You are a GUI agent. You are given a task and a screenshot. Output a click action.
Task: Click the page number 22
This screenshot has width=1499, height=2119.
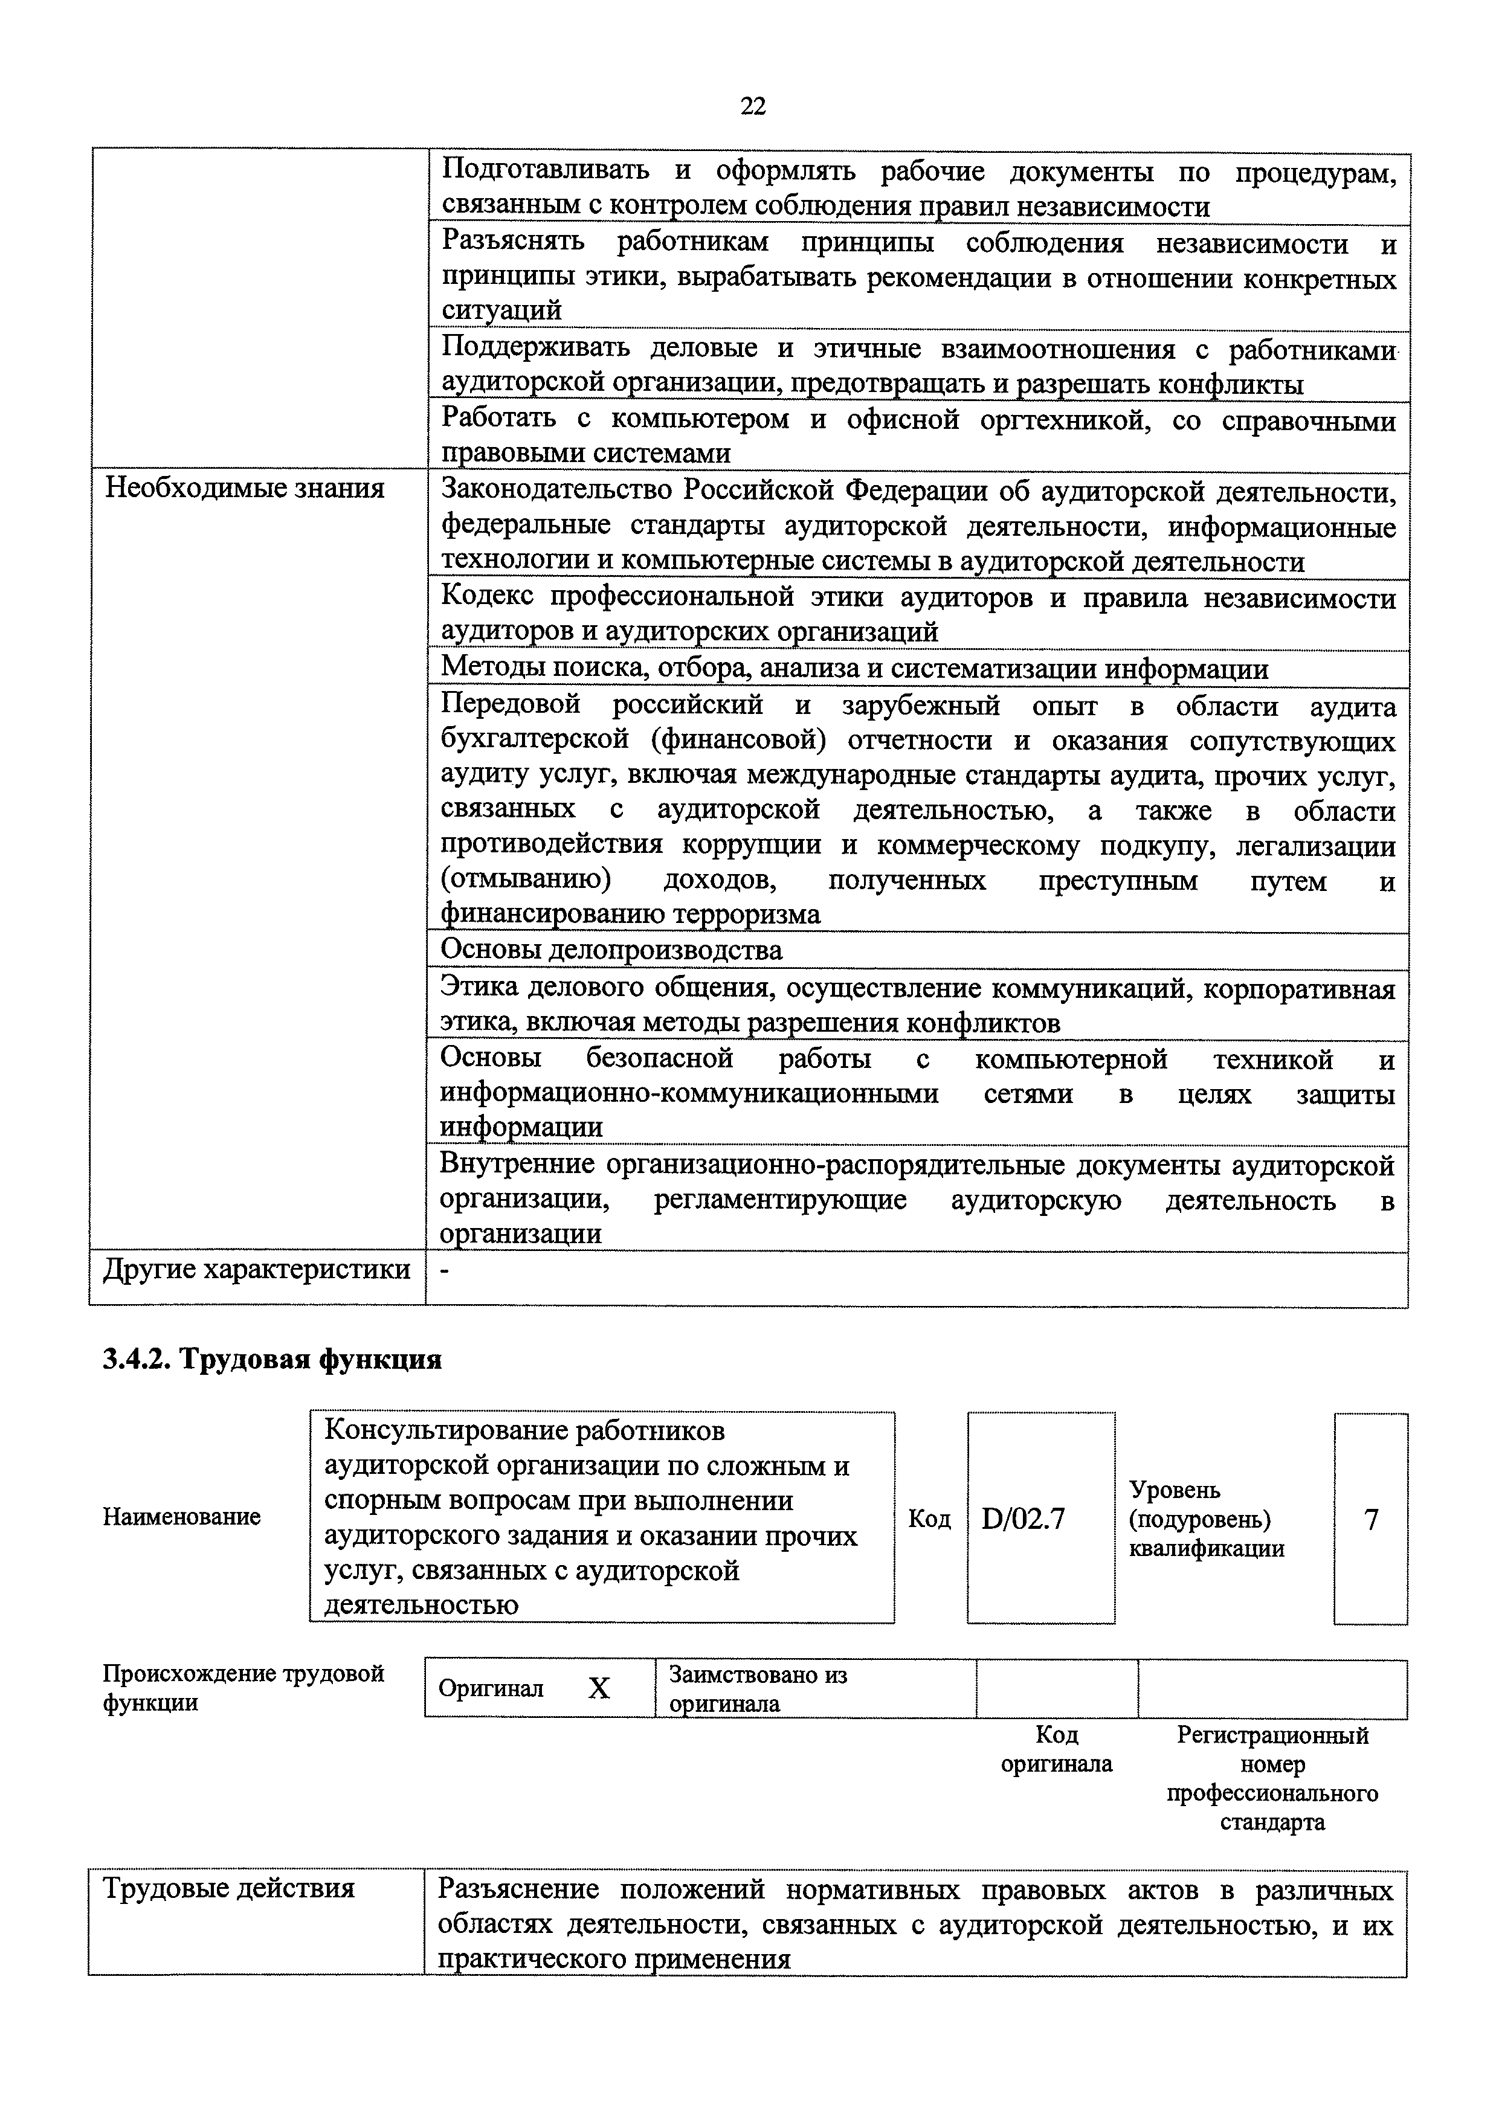[x=752, y=106]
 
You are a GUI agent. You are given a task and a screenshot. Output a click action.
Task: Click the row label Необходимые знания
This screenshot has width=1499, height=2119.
[x=245, y=487]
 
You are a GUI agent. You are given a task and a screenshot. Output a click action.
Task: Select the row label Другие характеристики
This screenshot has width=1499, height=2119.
[x=257, y=1269]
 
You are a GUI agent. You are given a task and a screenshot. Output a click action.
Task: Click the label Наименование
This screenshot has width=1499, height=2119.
[x=182, y=1516]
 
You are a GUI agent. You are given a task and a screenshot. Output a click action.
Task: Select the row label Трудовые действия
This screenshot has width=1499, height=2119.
[x=229, y=1888]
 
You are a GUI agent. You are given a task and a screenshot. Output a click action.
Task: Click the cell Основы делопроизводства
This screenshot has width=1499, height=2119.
[x=611, y=950]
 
